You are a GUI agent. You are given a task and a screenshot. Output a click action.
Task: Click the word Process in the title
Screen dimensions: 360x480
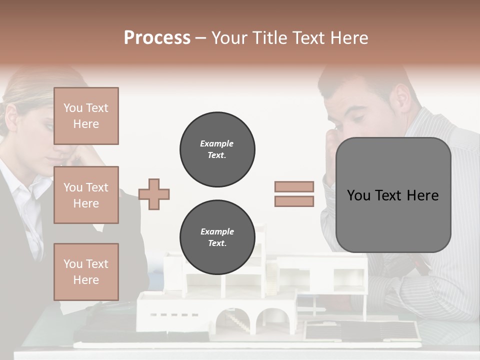157,38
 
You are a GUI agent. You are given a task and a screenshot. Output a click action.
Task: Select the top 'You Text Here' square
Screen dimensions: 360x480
86,116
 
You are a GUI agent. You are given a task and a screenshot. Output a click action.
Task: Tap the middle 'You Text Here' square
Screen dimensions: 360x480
86,195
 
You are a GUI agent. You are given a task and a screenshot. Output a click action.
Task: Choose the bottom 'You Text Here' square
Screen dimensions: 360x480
86,271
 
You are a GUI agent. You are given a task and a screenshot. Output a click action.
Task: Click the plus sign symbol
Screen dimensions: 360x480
154,194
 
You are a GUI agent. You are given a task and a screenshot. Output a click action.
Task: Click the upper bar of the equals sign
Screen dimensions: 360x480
294,187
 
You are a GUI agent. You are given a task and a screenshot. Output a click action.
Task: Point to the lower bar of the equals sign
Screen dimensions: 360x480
294,201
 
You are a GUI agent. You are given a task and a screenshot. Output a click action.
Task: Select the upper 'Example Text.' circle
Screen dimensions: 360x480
217,149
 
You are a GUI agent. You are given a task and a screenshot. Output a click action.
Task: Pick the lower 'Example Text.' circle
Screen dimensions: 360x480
217,237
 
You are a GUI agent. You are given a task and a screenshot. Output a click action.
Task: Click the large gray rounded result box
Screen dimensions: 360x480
393,195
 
